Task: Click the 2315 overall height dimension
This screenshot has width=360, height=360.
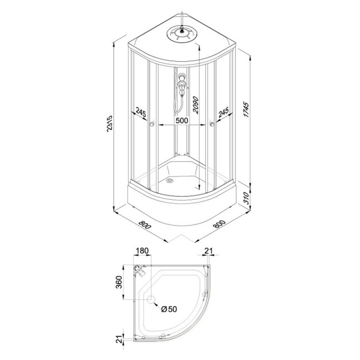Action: [x=110, y=124]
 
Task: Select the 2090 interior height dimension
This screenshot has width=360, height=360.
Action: [x=196, y=104]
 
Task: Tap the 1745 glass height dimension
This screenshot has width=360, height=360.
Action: [x=246, y=109]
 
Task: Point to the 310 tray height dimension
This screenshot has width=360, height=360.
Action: [x=246, y=198]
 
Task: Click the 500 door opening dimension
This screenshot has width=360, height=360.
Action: [x=182, y=121]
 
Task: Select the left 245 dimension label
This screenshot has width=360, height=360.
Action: [x=141, y=113]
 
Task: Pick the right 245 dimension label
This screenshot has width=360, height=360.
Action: [x=223, y=112]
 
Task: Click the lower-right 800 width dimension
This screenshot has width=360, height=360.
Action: [x=220, y=224]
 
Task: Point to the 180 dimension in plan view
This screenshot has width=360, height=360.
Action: [x=142, y=250]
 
